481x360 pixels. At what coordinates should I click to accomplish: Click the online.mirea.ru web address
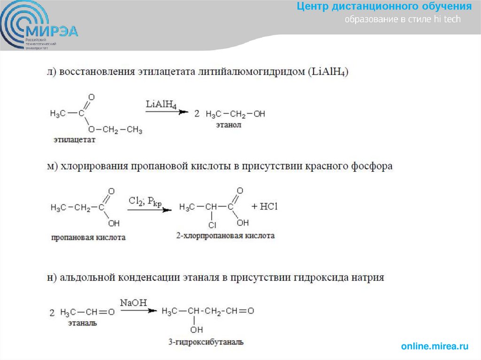click(x=435, y=346)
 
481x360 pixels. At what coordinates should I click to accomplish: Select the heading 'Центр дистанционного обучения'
click(x=384, y=7)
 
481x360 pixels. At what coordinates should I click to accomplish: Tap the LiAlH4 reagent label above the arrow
click(x=161, y=104)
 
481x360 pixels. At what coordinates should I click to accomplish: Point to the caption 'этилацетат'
click(x=74, y=140)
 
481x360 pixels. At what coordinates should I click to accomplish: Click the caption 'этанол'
click(x=228, y=125)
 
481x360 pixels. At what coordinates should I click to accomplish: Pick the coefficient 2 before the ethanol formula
click(x=197, y=114)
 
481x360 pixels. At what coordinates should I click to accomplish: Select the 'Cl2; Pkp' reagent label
click(x=145, y=201)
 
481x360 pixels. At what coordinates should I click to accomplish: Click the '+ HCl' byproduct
click(x=265, y=207)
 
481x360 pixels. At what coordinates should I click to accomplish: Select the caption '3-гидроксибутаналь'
click(x=206, y=342)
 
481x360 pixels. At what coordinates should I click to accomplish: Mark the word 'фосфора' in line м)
click(x=374, y=166)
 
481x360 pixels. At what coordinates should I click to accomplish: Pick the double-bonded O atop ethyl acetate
click(x=91, y=98)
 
